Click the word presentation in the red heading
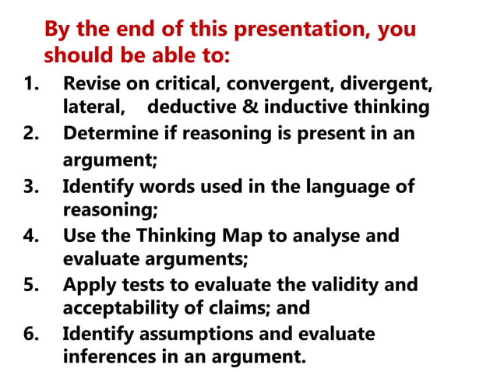tap(300, 31)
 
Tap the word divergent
tap(388, 83)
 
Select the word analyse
tap(330, 235)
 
